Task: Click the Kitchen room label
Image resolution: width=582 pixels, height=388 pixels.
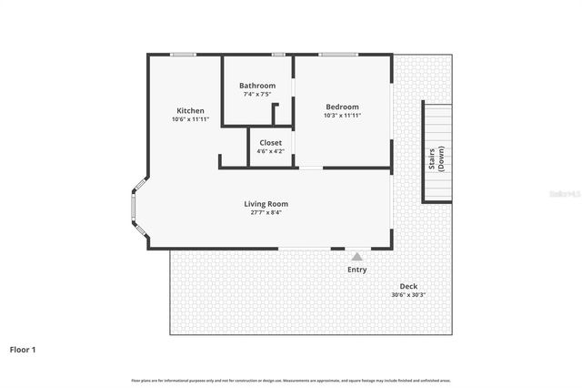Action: pos(190,110)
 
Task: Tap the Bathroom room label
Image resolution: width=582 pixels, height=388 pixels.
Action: pos(257,86)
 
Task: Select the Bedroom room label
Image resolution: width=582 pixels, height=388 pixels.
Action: pos(342,107)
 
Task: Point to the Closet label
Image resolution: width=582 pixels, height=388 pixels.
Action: pos(270,142)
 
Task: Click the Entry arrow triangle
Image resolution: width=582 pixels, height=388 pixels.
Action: pos(356,257)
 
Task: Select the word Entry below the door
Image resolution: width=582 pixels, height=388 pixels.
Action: pos(357,270)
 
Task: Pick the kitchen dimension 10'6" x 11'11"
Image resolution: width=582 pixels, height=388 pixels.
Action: pos(190,119)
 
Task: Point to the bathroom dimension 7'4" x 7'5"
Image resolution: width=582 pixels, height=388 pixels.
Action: pos(257,95)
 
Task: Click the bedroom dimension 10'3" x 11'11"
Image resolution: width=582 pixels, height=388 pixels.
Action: pos(342,116)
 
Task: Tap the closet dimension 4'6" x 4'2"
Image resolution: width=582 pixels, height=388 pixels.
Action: pos(270,151)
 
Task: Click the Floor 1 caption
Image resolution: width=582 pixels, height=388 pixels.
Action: pos(23,349)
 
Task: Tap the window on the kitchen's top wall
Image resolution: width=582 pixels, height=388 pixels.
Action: pos(184,55)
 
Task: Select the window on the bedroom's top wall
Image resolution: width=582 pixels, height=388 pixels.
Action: pos(337,55)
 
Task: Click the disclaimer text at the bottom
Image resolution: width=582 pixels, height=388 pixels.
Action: pos(291,380)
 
